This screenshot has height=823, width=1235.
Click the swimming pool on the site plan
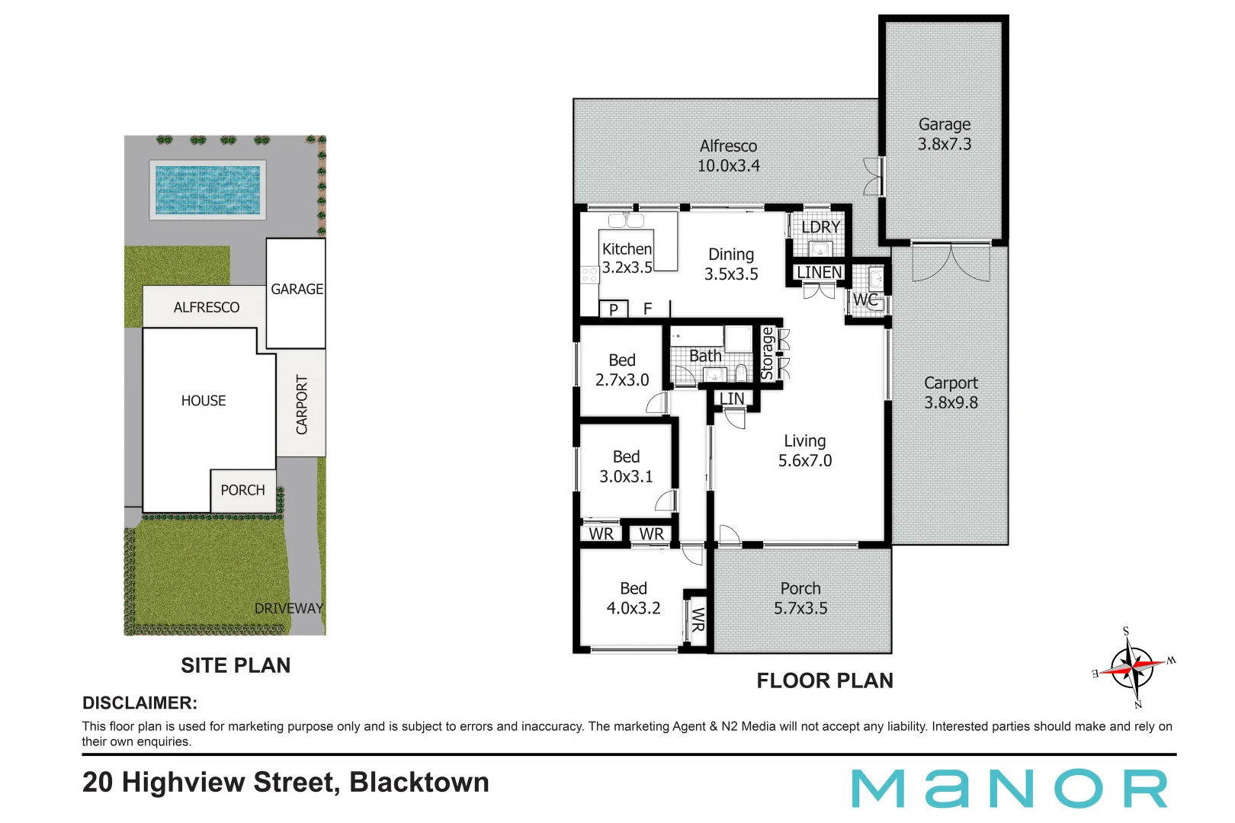click(207, 190)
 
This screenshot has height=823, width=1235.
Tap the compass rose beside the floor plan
click(1134, 667)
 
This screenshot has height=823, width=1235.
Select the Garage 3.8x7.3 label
click(944, 134)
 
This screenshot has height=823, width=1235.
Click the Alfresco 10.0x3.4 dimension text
click(728, 165)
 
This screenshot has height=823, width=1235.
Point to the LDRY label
click(820, 227)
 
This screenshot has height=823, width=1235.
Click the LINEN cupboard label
click(819, 272)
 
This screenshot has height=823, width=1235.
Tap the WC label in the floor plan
click(865, 299)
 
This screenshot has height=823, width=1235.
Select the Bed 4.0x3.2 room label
click(633, 598)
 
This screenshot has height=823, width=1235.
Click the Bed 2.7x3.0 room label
click(622, 370)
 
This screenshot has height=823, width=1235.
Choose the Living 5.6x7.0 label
click(804, 450)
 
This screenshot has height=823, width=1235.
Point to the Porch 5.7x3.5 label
click(800, 598)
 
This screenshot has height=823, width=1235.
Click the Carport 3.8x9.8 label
click(951, 392)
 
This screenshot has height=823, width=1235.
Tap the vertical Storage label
click(767, 354)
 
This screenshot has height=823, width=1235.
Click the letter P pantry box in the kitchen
click(613, 309)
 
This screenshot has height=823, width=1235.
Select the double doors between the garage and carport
click(951, 261)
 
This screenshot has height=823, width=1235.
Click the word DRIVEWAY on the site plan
click(288, 608)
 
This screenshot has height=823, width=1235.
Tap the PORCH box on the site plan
click(242, 490)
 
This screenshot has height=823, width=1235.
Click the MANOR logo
click(1009, 789)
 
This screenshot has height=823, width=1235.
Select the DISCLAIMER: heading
click(140, 703)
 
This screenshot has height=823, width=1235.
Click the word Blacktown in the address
click(419, 783)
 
